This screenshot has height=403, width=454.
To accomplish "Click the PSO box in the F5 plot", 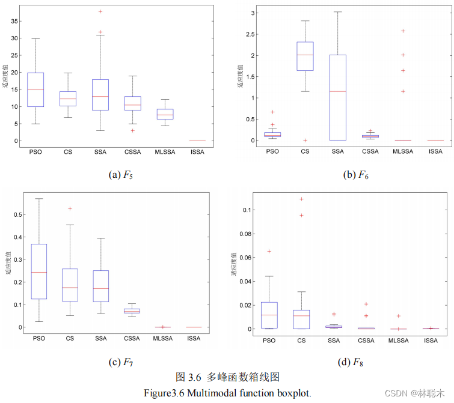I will pyautogui.click(x=35, y=89).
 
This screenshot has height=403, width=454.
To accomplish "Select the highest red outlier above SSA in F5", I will pyautogui.click(x=100, y=11).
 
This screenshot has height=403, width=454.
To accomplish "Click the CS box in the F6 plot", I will pyautogui.click(x=305, y=56).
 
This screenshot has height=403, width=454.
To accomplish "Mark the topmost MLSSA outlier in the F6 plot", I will pyautogui.click(x=403, y=31).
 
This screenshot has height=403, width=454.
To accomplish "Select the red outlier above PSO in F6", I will pyautogui.click(x=272, y=112).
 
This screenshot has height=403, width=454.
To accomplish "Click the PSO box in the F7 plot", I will pyautogui.click(x=39, y=271).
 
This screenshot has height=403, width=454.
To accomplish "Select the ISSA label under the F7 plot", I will pyautogui.click(x=194, y=339).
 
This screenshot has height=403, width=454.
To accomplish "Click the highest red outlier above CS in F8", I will pyautogui.click(x=302, y=199).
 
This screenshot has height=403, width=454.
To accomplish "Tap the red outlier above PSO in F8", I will pyautogui.click(x=270, y=251).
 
